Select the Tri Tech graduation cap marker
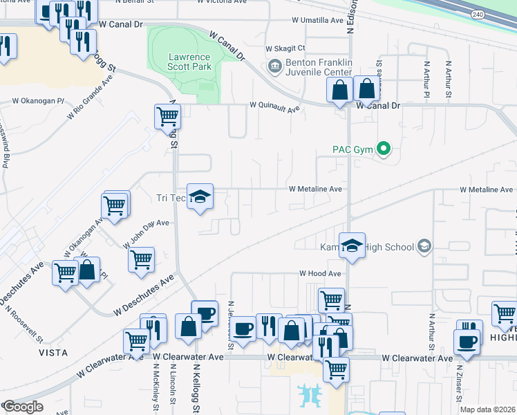(200, 197)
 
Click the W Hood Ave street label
(320, 273)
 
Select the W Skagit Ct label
(285, 48)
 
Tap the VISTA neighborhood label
(53, 352)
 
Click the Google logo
(23, 407)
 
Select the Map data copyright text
(487, 409)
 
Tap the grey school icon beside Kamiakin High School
(424, 246)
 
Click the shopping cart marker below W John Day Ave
(141, 260)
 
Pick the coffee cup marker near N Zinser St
(466, 342)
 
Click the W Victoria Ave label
(221, 2)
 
